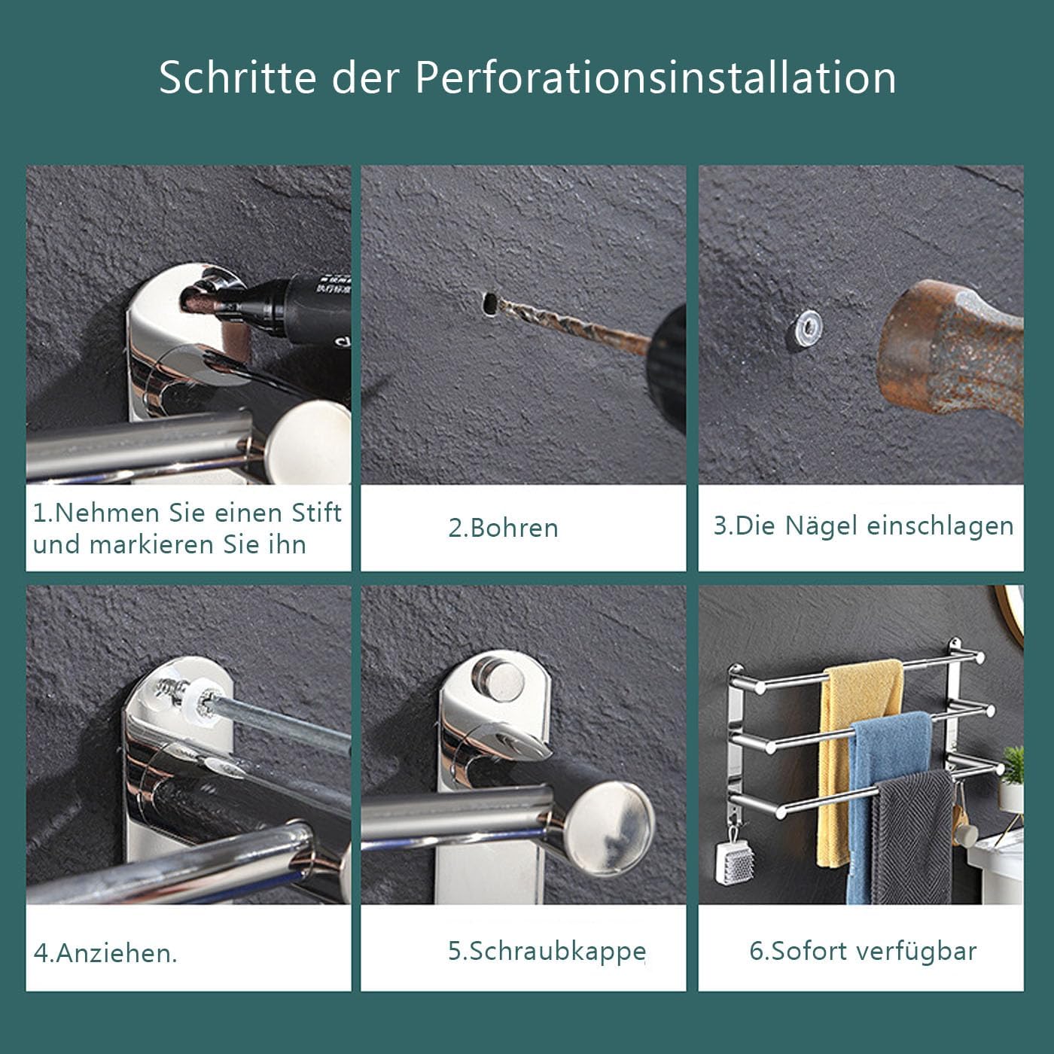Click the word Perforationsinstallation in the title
[655, 77]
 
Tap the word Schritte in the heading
[237, 77]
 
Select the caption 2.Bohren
[503, 529]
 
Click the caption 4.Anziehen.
[105, 953]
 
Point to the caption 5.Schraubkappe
[547, 952]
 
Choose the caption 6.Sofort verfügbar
[863, 951]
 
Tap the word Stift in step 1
[317, 513]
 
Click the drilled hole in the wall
[489, 303]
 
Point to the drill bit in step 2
[574, 326]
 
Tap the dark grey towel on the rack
[914, 836]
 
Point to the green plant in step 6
[1013, 766]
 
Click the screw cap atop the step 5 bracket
[498, 678]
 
